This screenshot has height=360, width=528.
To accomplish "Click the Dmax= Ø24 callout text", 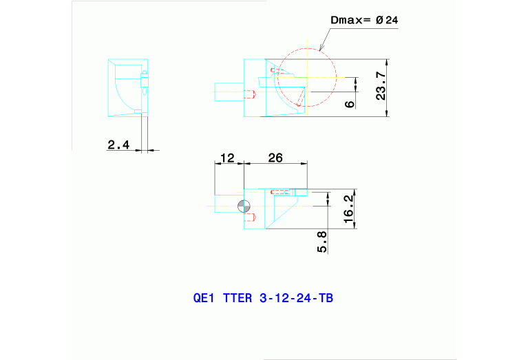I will tap(364, 21).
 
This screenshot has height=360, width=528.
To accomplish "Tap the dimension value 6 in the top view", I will tap(350, 103).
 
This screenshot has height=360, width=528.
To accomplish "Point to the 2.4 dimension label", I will tap(119, 144).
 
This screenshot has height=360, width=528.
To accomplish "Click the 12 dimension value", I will tap(226, 158).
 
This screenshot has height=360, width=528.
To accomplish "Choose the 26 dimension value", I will tap(275, 158).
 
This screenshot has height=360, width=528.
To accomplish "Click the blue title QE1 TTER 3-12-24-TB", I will tap(264, 299).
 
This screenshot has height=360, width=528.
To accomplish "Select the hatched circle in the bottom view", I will tap(243, 206).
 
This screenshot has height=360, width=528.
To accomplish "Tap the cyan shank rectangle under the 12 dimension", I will tap(226, 205).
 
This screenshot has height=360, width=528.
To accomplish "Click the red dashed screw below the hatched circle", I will tap(251, 218).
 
